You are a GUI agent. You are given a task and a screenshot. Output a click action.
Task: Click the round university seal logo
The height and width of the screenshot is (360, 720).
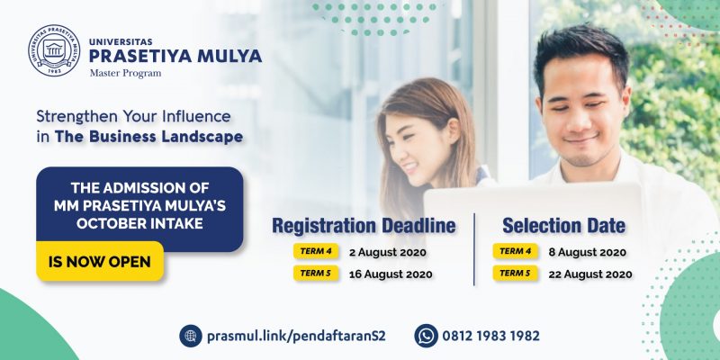click(54, 50)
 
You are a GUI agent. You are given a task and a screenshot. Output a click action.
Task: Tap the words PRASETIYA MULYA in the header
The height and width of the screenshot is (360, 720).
click(175, 56)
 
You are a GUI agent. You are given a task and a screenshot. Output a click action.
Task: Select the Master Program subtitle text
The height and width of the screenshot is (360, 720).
click(125, 73)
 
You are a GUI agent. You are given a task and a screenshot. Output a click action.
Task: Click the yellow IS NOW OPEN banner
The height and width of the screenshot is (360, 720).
click(100, 262)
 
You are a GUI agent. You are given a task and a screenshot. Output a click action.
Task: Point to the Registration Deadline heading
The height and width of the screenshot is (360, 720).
click(364, 226)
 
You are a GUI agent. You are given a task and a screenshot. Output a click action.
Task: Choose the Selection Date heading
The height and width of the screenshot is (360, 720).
click(563, 226)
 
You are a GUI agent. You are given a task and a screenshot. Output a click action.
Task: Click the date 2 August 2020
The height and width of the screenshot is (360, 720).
click(388, 252)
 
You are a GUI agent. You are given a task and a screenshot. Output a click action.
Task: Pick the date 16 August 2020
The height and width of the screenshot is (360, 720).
click(391, 274)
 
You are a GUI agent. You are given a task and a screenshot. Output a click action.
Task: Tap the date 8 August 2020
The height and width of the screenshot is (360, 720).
click(588, 252)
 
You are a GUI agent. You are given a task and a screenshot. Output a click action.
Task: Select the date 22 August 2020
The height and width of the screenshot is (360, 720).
click(590, 274)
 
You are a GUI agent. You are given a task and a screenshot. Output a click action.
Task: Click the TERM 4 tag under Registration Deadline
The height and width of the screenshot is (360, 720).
click(316, 251)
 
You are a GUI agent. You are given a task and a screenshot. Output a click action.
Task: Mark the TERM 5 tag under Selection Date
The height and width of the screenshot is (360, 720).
click(515, 274)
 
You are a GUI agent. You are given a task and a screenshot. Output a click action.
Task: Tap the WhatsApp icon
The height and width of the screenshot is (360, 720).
click(426, 336)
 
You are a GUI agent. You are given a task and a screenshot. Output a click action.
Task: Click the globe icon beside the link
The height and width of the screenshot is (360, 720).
click(191, 336)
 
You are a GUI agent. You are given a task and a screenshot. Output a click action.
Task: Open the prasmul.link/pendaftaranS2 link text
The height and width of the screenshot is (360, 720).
click(296, 336)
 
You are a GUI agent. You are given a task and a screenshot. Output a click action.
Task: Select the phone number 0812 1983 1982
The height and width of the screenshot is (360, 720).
click(490, 336)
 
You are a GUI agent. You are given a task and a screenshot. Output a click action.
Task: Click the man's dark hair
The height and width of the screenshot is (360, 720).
click(580, 50)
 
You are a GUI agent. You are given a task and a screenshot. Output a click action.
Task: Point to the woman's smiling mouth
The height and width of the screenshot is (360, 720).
click(410, 167)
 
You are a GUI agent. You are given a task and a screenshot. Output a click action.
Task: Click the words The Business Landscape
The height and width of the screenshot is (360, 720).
click(148, 137)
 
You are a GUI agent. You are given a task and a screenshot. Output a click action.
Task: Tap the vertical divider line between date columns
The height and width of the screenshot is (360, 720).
click(474, 249)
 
